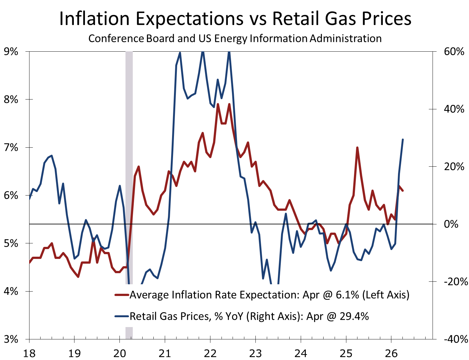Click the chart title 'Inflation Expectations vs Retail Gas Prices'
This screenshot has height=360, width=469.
[235, 18]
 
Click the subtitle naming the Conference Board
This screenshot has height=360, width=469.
[235, 38]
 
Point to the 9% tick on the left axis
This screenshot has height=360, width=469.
[10, 51]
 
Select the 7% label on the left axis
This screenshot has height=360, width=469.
[10, 147]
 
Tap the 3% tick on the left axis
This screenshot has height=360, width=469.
[10, 339]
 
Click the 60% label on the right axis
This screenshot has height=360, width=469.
[454, 51]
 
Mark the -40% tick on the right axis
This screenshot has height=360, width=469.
[455, 339]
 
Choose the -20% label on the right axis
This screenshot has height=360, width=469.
[455, 282]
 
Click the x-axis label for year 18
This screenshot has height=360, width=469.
[29, 352]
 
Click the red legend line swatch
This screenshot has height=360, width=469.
[122, 295]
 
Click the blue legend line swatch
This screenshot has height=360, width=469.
[122, 316]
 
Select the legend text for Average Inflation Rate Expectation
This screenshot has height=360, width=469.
[269, 295]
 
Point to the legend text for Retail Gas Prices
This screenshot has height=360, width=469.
[249, 316]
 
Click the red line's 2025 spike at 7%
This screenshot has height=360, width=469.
[357, 148]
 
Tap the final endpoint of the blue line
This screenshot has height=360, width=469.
[402, 139]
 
